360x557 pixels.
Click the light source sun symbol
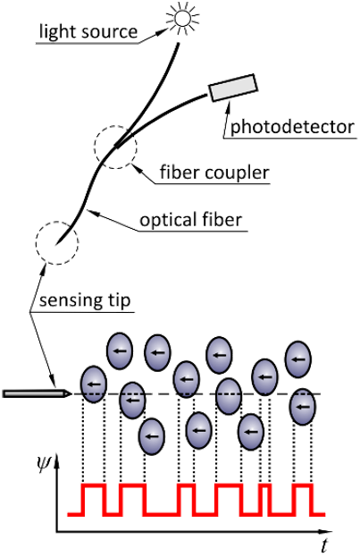coord(183,17)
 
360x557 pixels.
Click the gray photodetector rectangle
coord(233,88)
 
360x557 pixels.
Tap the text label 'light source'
coord(88,31)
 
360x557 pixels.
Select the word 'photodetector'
coord(292,127)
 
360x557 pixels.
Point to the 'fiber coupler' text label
coord(214,173)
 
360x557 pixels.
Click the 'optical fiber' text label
coord(190,220)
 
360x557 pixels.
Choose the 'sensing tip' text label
coord(85,300)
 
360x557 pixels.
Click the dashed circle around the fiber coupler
coord(115,126)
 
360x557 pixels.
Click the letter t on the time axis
coord(322,545)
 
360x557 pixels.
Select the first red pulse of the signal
coord(94,485)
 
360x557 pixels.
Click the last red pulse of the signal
coord(303,485)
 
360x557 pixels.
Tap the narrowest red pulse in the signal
coord(264,485)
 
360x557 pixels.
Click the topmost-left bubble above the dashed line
coord(120,351)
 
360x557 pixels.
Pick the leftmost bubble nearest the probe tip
coord(94,384)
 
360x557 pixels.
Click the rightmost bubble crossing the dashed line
coord(303,407)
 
